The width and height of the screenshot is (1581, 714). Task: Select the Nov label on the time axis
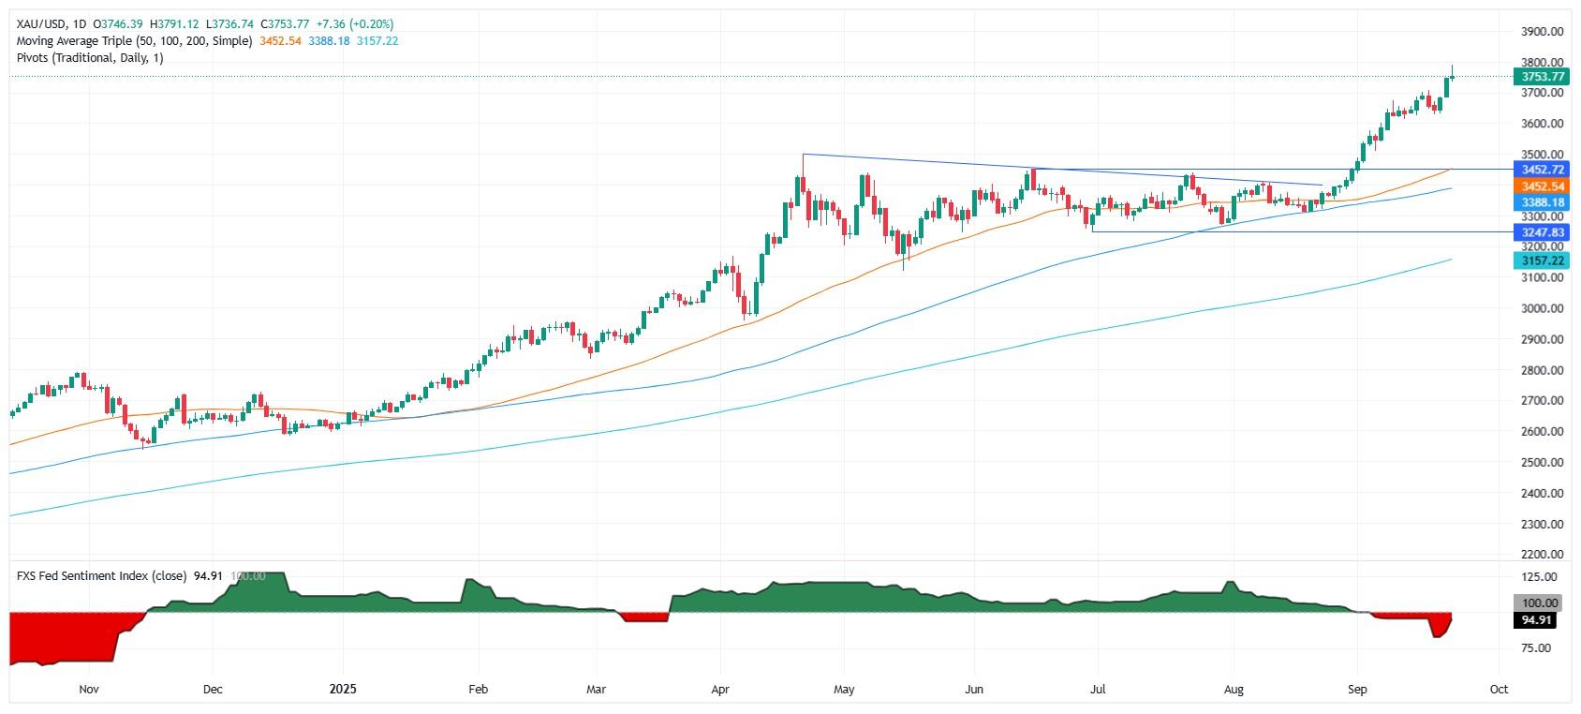[x=89, y=690]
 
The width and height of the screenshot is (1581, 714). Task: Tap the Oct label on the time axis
[x=1499, y=690]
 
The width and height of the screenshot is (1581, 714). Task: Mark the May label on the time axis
[x=844, y=690]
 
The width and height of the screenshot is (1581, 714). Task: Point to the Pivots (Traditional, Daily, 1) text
[x=90, y=58]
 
